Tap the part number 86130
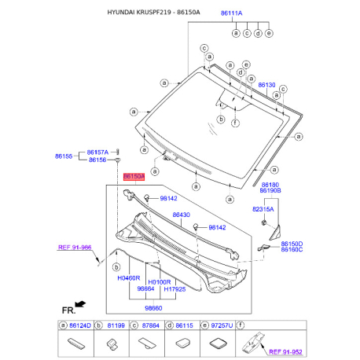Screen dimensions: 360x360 pyautogui.click(x=267, y=84)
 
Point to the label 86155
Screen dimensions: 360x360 pyautogui.click(x=64, y=156)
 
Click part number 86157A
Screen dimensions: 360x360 pyautogui.click(x=98, y=152)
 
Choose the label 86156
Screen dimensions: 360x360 pyautogui.click(x=97, y=160)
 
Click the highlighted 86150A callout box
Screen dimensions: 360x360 pyautogui.click(x=133, y=178)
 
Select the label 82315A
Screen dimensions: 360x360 pyautogui.click(x=263, y=210)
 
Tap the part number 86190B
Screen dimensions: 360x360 pyautogui.click(x=272, y=191)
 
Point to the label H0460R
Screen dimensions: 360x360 pyautogui.click(x=128, y=279)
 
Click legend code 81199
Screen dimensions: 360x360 pyautogui.click(x=116, y=325)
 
